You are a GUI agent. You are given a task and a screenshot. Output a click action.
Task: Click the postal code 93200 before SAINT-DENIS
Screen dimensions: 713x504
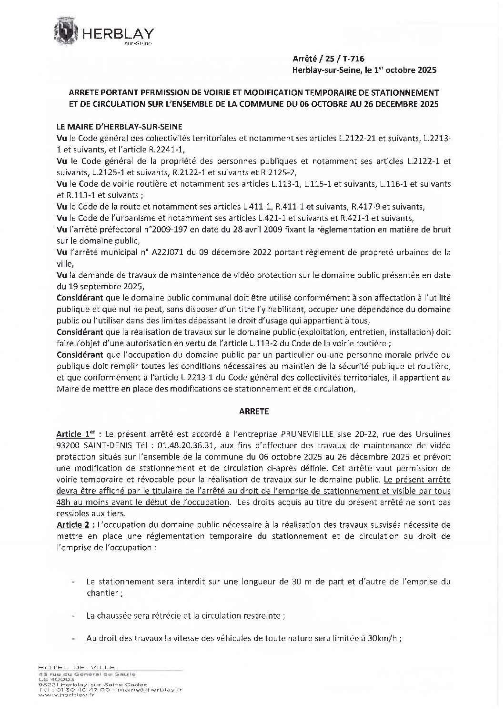(x=69, y=445)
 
